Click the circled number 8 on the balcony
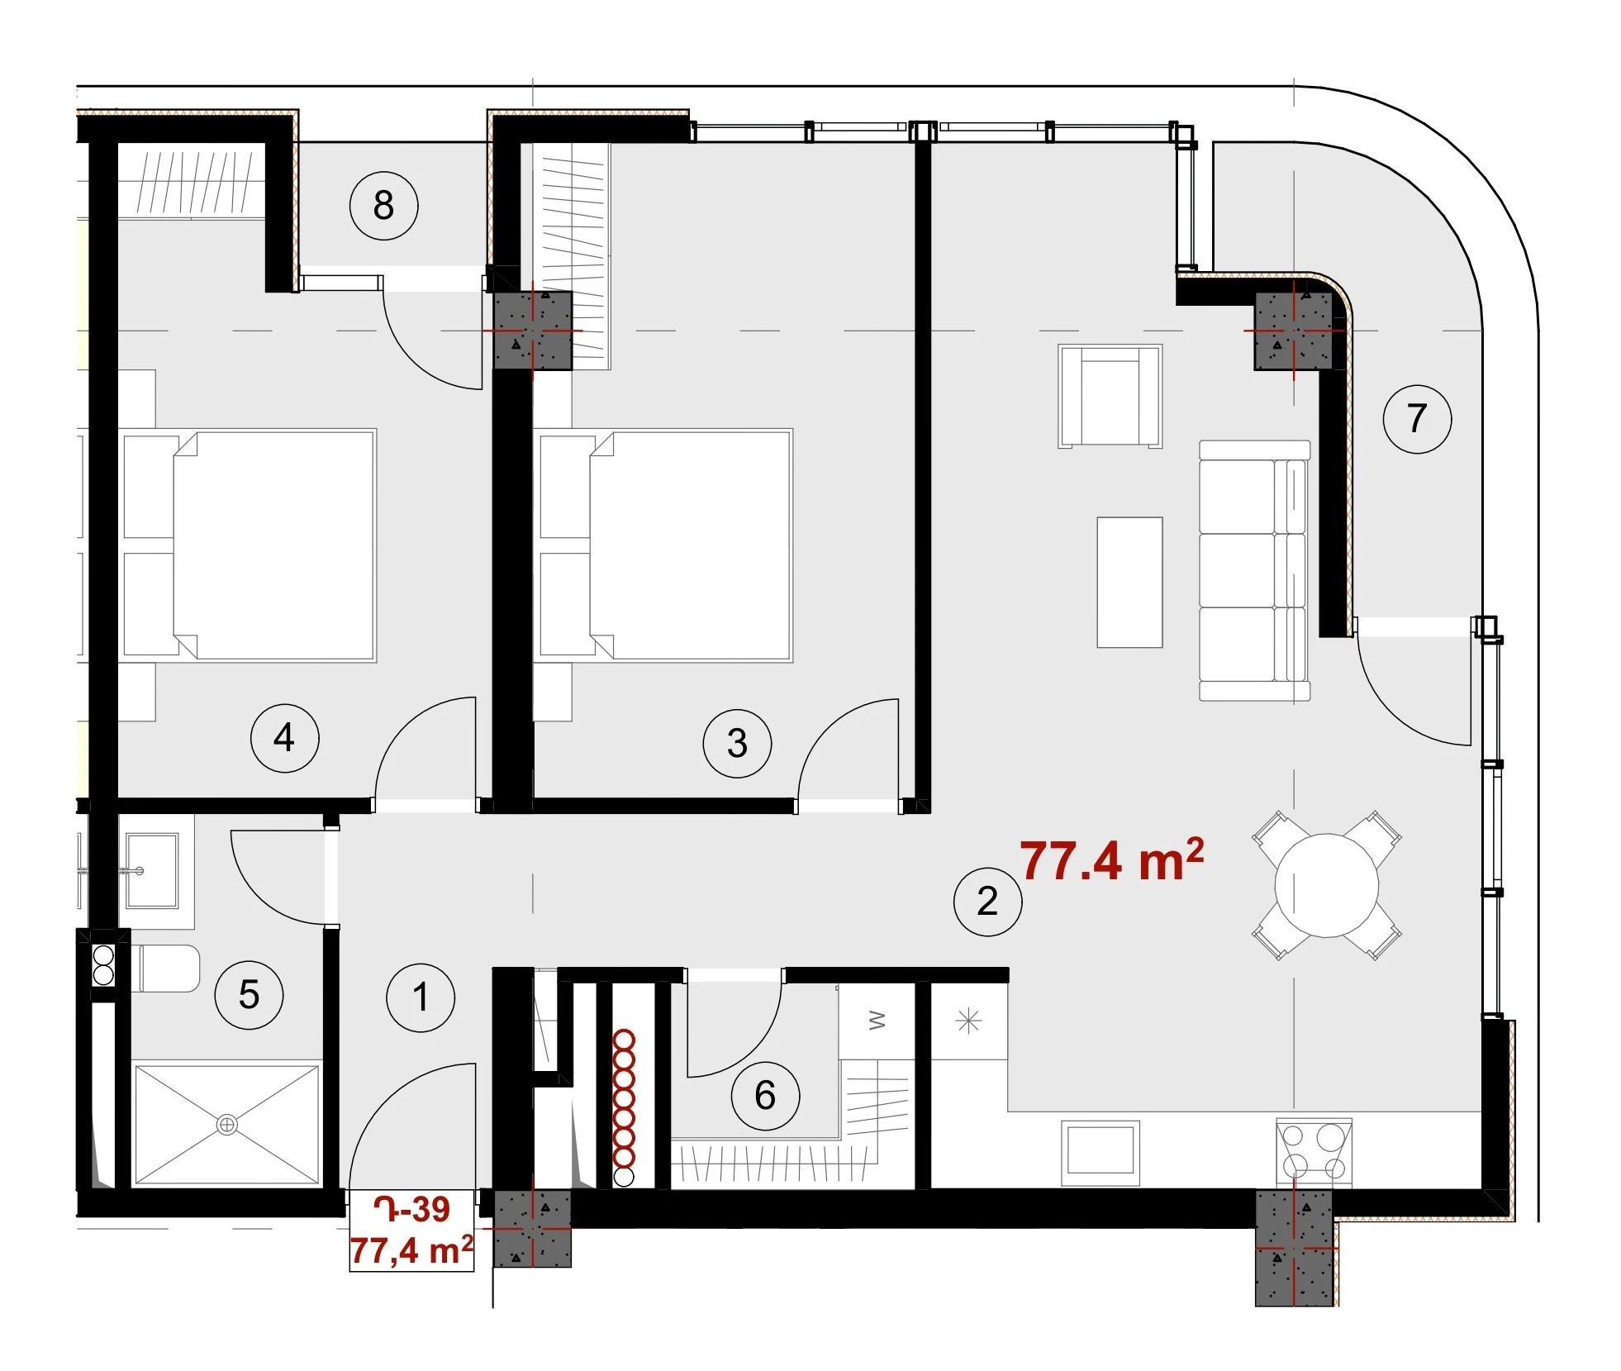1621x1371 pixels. tap(383, 206)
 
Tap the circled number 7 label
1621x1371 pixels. tap(1416, 418)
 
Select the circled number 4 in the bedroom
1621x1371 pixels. tap(284, 738)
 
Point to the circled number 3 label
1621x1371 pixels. tap(737, 743)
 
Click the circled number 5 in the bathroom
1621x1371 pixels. tap(249, 995)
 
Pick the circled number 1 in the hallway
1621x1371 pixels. tap(421, 997)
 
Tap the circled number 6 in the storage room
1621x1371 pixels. tap(765, 1096)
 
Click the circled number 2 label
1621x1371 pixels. tap(987, 902)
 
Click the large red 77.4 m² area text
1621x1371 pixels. tap(1111, 859)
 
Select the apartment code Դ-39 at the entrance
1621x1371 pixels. tap(411, 1209)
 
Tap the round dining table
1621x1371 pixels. tap(1326, 885)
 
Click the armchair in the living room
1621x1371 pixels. tap(1110, 397)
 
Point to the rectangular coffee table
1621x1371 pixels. tap(1129, 583)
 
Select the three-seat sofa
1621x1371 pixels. tap(1254, 571)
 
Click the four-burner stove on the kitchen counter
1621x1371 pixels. tap(1314, 1152)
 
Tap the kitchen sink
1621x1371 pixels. tap(1100, 1151)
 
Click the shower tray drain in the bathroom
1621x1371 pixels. tap(226, 1125)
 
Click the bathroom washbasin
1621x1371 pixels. tap(151, 870)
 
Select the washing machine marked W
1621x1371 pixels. tap(877, 1021)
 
